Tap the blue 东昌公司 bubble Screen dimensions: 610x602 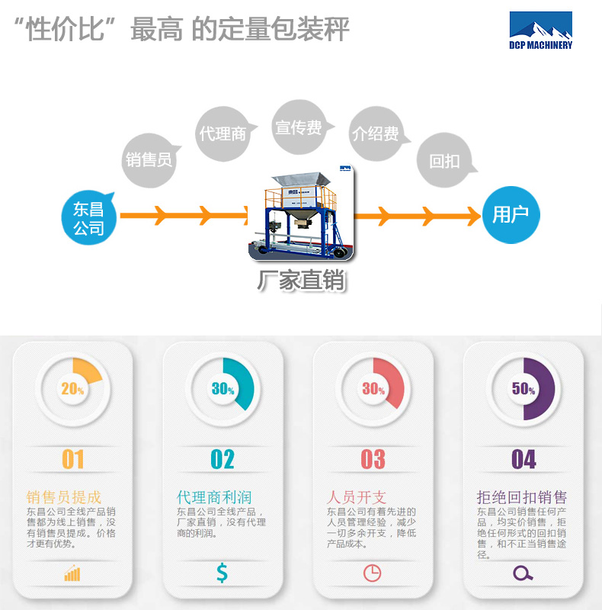(x=89, y=217)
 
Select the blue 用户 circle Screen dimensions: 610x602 (x=511, y=215)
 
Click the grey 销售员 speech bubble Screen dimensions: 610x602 (x=149, y=159)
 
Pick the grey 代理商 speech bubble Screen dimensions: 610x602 (x=223, y=133)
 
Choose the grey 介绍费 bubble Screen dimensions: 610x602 (x=375, y=133)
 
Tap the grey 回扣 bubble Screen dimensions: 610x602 (x=444, y=161)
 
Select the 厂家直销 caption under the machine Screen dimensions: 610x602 (x=301, y=281)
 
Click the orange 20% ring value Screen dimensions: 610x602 (x=72, y=389)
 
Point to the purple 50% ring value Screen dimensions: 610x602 (x=524, y=389)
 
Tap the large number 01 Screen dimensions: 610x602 (x=73, y=459)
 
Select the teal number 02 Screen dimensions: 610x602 (x=223, y=459)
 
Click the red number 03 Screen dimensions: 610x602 (x=373, y=459)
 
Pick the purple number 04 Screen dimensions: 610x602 (x=524, y=459)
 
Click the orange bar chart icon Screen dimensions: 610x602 (x=72, y=573)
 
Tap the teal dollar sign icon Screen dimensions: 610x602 (x=222, y=573)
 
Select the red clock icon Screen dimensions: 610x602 (x=372, y=573)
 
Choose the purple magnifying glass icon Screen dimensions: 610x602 (x=523, y=573)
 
